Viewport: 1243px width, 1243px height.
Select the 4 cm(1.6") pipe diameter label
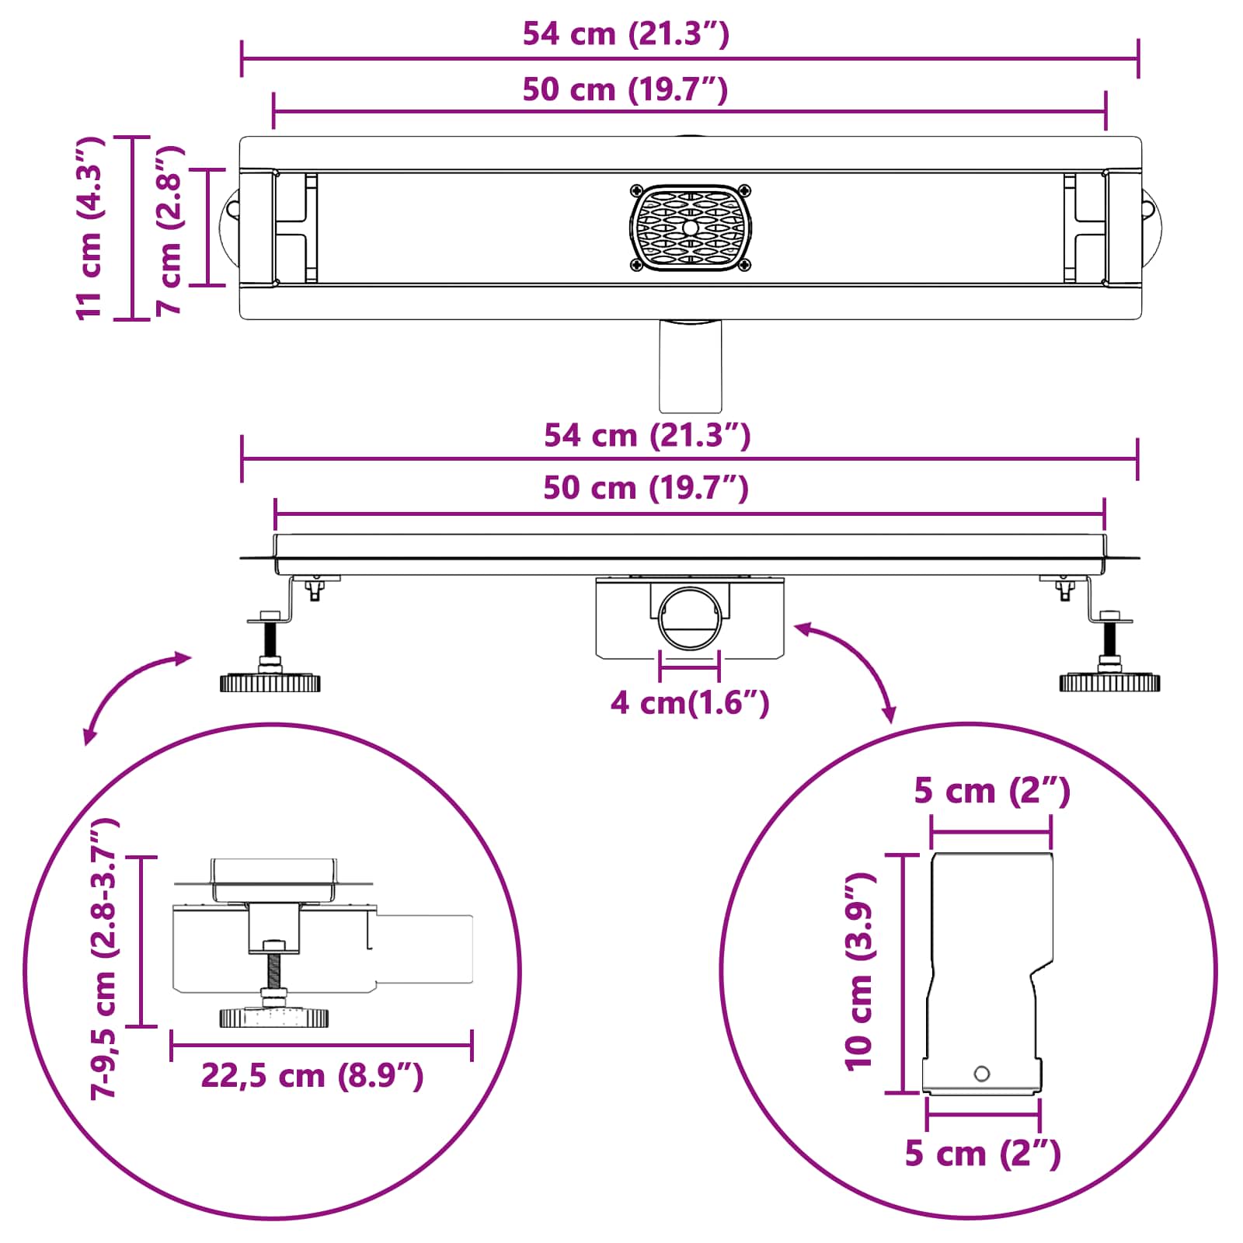(690, 702)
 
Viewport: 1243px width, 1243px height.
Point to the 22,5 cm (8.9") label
(312, 1076)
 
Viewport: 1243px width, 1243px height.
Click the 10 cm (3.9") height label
(860, 972)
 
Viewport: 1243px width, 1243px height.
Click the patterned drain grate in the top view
(690, 228)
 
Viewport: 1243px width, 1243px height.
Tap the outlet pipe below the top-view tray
(690, 366)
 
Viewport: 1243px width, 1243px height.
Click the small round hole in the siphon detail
(982, 1074)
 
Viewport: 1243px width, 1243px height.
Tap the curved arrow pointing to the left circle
(132, 691)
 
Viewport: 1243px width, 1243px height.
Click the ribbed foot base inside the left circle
(273, 1017)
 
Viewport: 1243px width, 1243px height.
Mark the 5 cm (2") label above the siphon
(992, 791)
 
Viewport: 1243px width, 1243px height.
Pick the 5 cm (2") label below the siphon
(983, 1154)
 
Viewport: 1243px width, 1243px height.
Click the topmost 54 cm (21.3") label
(626, 34)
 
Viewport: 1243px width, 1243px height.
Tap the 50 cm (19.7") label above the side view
(646, 488)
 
